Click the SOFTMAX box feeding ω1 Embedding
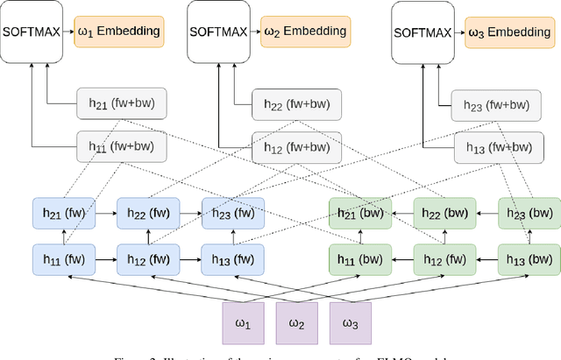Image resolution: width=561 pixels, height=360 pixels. [32, 32]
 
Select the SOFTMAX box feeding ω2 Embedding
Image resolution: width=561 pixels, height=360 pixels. [220, 32]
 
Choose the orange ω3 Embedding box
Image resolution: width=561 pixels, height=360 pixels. [509, 32]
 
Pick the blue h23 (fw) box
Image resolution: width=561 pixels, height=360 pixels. [232, 212]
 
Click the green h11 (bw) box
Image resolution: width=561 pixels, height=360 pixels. [358, 259]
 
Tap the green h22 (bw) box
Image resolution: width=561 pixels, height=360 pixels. [444, 212]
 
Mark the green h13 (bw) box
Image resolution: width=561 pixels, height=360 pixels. [528, 259]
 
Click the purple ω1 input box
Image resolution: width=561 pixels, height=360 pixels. [243, 324]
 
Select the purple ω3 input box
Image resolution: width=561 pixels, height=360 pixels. [349, 324]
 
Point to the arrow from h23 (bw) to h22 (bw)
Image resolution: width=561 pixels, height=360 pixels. [486, 212]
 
